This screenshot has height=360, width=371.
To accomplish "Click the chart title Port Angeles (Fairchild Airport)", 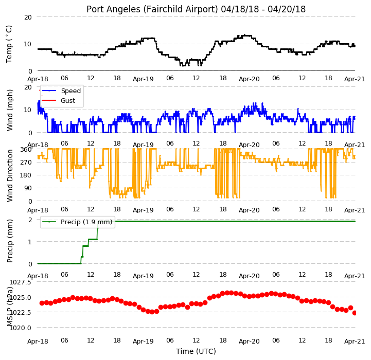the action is click(152, 9).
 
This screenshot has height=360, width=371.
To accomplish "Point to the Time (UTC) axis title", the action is click(196, 351).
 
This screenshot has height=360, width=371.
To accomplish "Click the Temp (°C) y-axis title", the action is click(9, 44).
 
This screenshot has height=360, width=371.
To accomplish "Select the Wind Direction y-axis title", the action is click(9, 175).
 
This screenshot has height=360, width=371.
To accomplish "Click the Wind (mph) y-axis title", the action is click(9, 110).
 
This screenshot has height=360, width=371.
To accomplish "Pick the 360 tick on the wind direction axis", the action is click(26, 150).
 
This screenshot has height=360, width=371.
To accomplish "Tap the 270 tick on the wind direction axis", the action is click(26, 163).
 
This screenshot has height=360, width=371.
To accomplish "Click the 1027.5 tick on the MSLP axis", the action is click(21, 282).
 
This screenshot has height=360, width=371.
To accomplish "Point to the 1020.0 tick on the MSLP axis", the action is click(21, 328).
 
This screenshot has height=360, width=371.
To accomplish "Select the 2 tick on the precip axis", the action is click(30, 220).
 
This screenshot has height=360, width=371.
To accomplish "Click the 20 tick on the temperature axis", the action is click(28, 17).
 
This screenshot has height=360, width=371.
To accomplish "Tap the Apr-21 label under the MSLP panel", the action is click(355, 341).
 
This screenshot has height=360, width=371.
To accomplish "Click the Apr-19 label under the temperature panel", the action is click(143, 79).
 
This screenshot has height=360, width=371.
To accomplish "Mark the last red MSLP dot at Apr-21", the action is click(355, 313).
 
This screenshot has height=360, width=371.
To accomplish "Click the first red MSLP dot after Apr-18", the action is click(42, 303).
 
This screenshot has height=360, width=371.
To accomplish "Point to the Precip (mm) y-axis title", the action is click(9, 241).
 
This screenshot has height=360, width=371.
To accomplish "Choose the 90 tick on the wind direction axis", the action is click(28, 188).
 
